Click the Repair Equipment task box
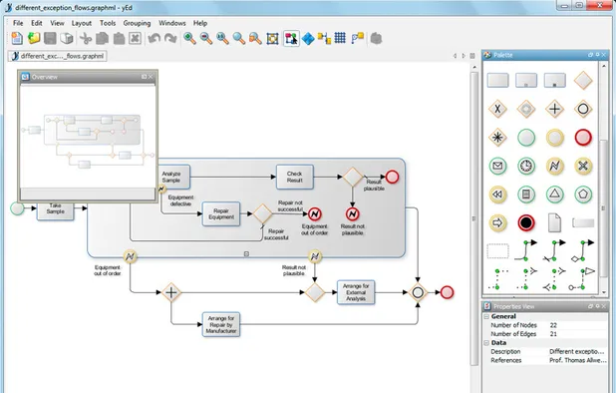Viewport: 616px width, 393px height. tap(221, 213)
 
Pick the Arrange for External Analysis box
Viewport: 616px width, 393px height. tap(357, 291)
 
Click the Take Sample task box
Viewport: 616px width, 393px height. tap(56, 208)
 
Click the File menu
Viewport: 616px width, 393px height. tap(18, 22)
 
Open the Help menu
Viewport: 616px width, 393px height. tap(200, 22)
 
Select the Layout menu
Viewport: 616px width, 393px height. tap(82, 22)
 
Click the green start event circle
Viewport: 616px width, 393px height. tap(17, 208)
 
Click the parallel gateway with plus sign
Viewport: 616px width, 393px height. tap(171, 292)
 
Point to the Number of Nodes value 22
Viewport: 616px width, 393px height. tap(554, 324)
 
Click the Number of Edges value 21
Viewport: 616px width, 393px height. tap(554, 333)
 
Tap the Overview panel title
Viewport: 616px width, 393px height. tap(47, 77)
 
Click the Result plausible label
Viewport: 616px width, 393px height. tap(374, 185)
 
